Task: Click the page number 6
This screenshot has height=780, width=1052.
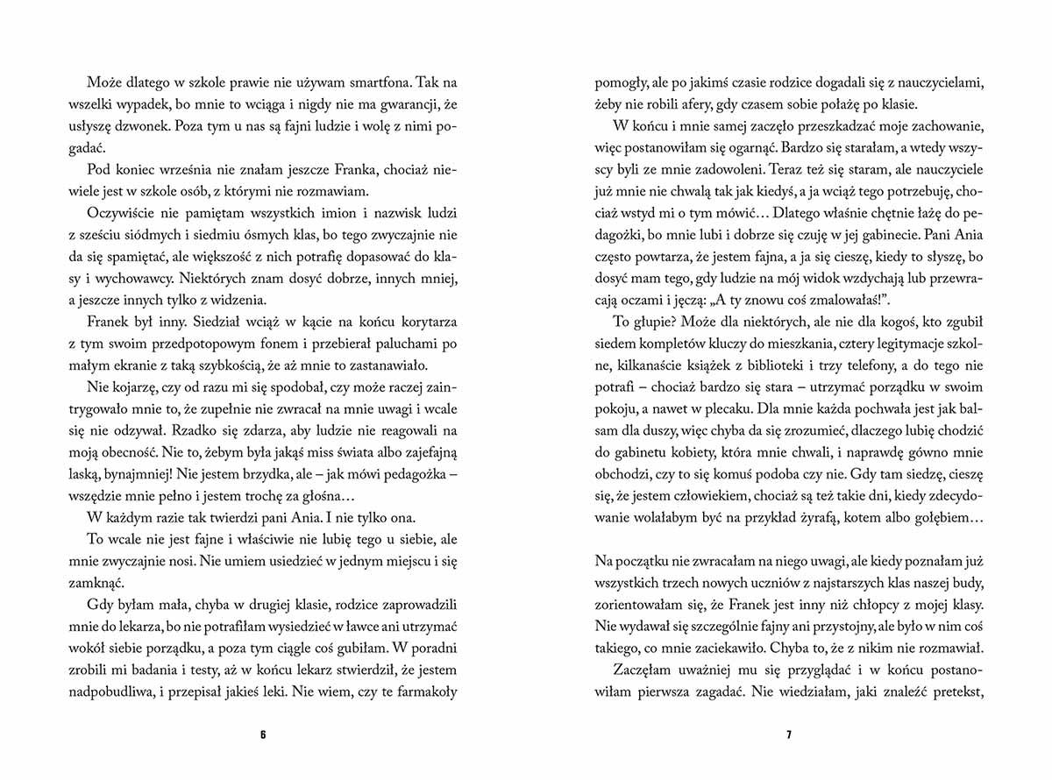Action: point(262,734)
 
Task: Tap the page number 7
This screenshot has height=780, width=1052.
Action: point(788,734)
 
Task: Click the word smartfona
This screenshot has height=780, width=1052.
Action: point(346,83)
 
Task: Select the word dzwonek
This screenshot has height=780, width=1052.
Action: point(142,125)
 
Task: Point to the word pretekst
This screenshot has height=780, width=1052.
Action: point(959,691)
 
